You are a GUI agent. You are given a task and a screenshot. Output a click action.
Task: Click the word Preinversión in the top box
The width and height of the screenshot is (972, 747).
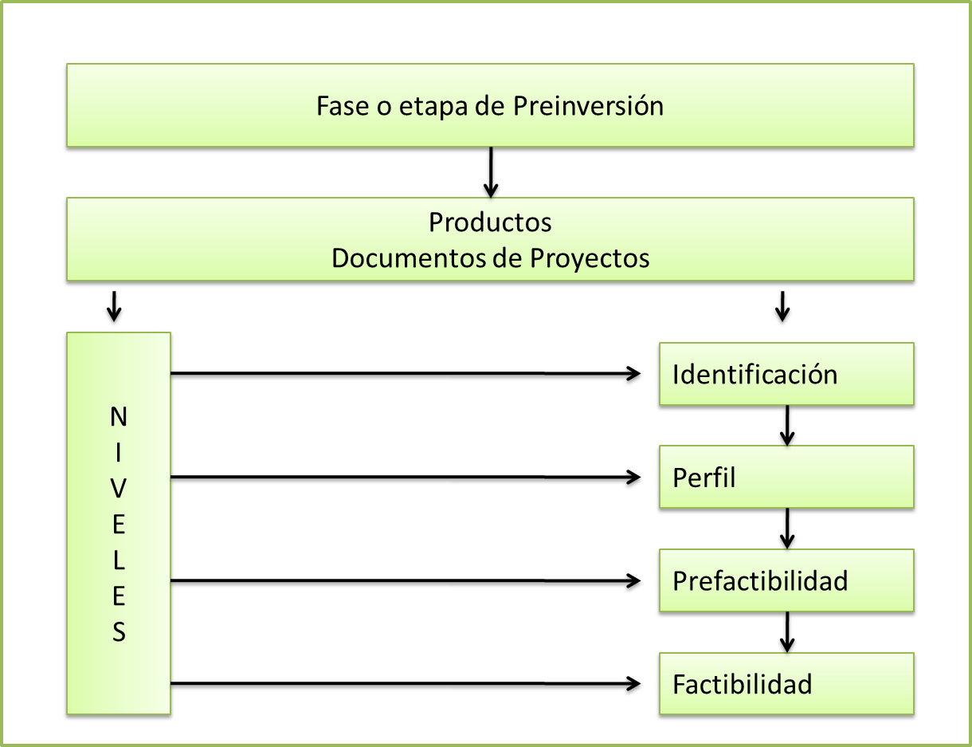click(x=588, y=106)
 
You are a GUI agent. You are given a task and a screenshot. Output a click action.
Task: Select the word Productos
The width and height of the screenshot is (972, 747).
click(x=490, y=222)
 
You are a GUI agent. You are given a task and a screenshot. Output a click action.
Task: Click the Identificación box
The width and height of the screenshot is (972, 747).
click(x=786, y=374)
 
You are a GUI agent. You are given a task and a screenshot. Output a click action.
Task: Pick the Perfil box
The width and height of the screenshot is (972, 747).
click(x=786, y=477)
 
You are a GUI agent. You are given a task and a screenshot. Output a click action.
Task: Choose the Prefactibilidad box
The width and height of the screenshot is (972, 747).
click(x=786, y=580)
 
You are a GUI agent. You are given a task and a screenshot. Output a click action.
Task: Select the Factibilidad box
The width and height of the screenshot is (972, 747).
click(x=786, y=683)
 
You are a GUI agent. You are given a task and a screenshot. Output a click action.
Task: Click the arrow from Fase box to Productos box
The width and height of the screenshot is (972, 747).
click(x=491, y=172)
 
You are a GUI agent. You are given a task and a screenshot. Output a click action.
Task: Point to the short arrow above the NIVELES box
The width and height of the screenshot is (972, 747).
click(x=115, y=305)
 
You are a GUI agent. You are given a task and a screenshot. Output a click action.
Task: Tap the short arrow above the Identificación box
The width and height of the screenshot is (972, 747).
click(x=782, y=305)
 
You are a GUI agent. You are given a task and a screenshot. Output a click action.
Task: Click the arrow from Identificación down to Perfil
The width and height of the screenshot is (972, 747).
click(x=787, y=426)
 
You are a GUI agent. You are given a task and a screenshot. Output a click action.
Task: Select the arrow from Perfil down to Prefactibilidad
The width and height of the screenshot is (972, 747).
click(x=787, y=529)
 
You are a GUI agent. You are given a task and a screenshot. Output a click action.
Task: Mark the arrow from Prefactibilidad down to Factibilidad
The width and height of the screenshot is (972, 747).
click(x=787, y=632)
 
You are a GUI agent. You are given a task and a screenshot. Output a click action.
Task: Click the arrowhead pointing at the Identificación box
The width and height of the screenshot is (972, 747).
click(x=634, y=373)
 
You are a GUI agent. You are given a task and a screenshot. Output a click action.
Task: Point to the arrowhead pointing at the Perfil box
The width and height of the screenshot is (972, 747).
click(x=634, y=477)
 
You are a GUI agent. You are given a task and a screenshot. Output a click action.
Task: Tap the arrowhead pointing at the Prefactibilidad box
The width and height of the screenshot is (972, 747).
click(x=634, y=580)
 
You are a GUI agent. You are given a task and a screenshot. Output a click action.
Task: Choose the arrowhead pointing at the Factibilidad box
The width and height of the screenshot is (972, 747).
click(x=634, y=683)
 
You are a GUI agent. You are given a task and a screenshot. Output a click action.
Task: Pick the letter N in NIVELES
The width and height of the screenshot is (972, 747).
click(x=119, y=416)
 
